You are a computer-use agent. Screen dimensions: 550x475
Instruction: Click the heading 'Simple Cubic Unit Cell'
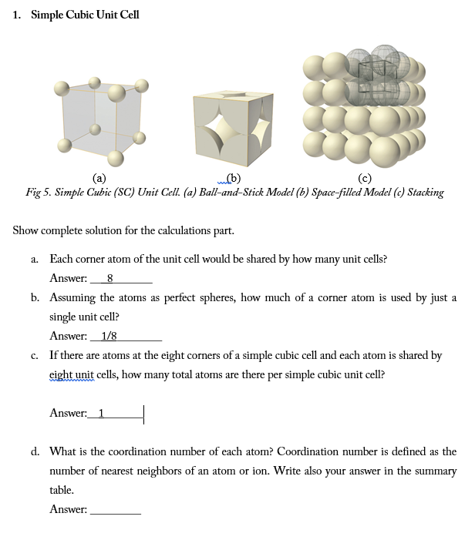(85, 15)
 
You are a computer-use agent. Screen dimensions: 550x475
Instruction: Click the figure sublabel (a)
(99, 179)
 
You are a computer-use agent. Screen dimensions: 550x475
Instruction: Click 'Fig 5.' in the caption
(39, 192)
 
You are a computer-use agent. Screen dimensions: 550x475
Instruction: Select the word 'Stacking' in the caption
(425, 192)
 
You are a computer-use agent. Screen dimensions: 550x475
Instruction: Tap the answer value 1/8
(109, 336)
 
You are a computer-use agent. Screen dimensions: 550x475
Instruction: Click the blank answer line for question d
(116, 509)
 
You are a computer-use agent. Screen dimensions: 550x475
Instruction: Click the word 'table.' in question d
(62, 490)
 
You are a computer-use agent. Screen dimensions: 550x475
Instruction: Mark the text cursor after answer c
(144, 414)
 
